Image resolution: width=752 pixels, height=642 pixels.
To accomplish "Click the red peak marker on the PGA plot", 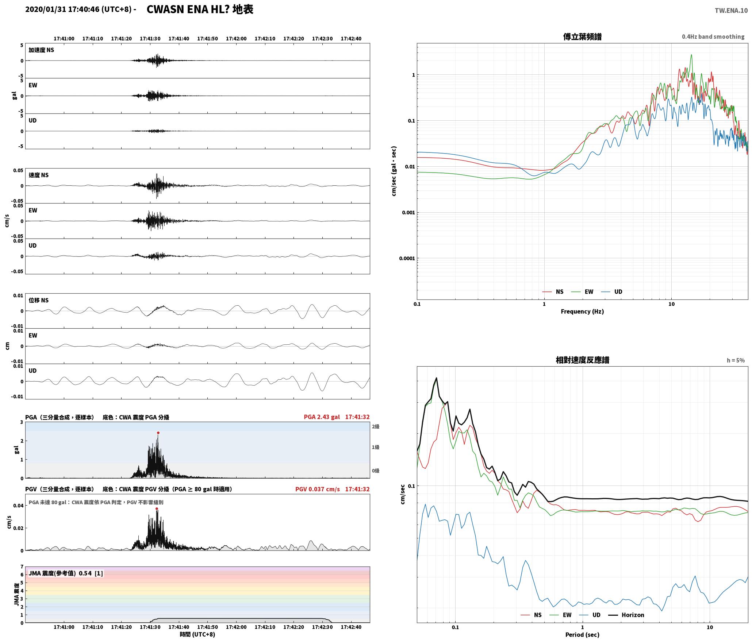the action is coord(158,433).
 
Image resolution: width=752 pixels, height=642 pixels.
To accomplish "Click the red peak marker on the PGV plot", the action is coord(157,508).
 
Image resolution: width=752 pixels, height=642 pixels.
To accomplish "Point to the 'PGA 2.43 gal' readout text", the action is coord(322,417).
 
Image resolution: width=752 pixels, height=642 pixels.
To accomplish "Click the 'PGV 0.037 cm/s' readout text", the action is coord(318,489).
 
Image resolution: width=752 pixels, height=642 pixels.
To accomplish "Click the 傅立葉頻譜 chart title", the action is coord(582,37).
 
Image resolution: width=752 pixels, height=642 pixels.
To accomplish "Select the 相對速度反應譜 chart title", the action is coord(582,360).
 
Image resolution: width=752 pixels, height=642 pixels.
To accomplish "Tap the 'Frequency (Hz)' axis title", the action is coord(582,312).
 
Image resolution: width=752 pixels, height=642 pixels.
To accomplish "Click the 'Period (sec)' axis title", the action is coord(582,635).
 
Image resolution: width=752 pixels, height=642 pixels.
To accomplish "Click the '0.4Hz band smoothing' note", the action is coord(713,37).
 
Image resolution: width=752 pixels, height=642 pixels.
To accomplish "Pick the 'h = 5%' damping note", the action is coord(736,360).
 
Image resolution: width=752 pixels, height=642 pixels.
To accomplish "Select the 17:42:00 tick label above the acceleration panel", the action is coord(236,39).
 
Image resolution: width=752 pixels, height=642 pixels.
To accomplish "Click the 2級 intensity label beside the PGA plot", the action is coord(376,427).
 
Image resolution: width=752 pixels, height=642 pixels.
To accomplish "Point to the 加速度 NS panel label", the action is coord(41,50).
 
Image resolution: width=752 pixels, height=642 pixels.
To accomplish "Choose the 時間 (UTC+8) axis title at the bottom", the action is coord(197,634).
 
